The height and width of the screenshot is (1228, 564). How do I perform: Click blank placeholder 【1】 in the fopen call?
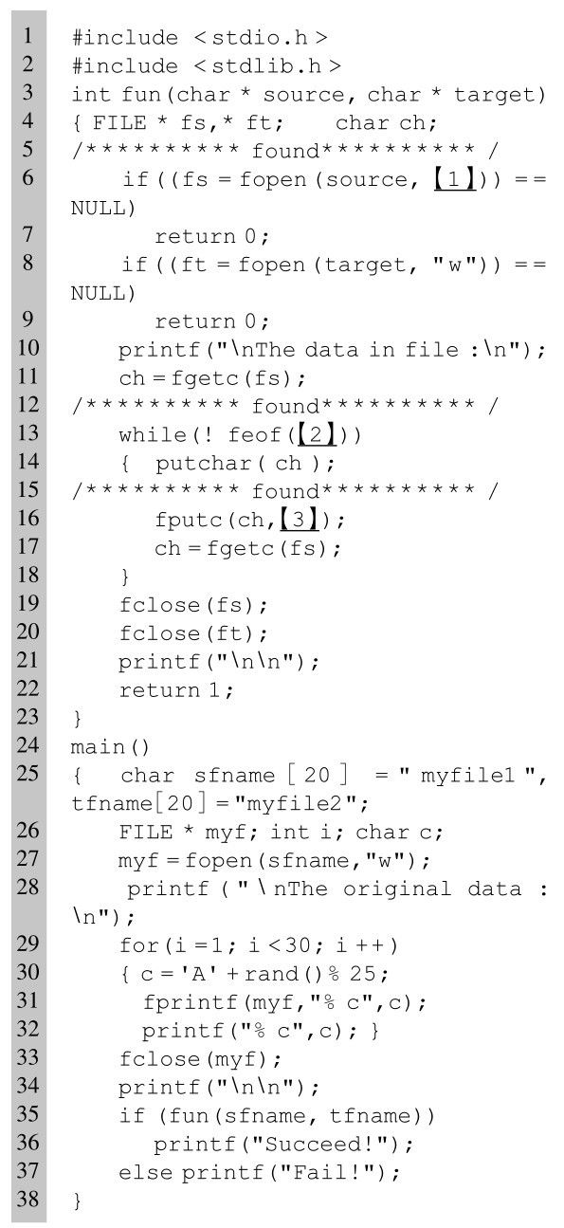coord(454,179)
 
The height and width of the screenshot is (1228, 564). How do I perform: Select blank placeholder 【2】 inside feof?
coord(316,434)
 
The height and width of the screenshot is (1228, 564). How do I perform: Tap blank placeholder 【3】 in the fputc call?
coord(299,519)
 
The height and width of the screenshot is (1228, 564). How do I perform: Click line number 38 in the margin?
coord(27,1199)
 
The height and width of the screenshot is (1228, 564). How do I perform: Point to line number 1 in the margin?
coord(27,36)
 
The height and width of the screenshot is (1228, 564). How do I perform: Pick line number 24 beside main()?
coord(27,745)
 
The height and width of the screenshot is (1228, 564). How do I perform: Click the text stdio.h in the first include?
coord(260,38)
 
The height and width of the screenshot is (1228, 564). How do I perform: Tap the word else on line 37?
coord(146,1173)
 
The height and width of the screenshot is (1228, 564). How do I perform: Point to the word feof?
coord(254,435)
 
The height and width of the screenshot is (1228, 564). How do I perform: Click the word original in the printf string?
coord(397,889)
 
